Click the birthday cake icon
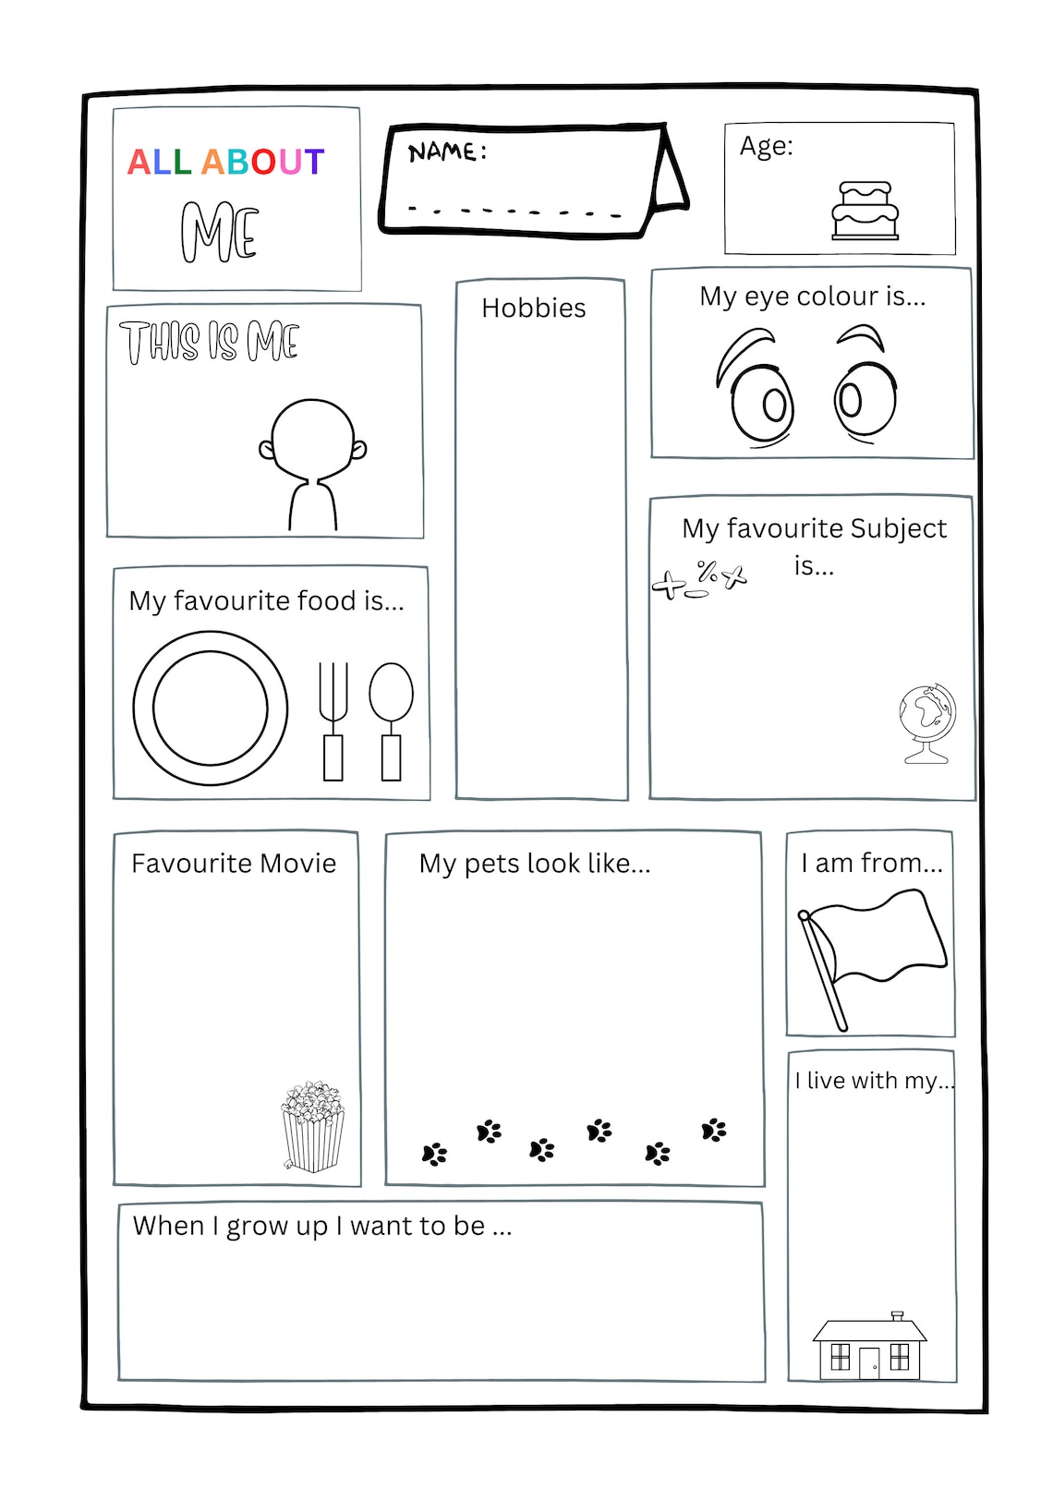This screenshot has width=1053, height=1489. pyautogui.click(x=865, y=211)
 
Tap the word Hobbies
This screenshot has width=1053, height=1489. pyautogui.click(x=533, y=308)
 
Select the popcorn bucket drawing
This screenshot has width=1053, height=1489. pyautogui.click(x=312, y=1126)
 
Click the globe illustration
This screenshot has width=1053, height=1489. pyautogui.click(x=926, y=723)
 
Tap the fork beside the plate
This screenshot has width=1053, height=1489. pyautogui.click(x=333, y=720)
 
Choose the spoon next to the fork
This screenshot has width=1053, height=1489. pyautogui.click(x=391, y=720)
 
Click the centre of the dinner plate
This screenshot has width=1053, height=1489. pyautogui.click(x=211, y=708)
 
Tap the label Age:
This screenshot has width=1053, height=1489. pyautogui.click(x=766, y=146)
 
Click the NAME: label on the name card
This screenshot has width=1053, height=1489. pyautogui.click(x=446, y=151)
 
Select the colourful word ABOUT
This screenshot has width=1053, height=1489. pyautogui.click(x=263, y=162)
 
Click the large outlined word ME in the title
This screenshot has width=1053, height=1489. pyautogui.click(x=220, y=232)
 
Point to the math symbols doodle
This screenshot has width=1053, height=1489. pyautogui.click(x=698, y=579)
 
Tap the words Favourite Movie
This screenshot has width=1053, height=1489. pyautogui.click(x=234, y=863)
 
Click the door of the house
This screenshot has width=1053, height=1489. pyautogui.click(x=869, y=1363)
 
